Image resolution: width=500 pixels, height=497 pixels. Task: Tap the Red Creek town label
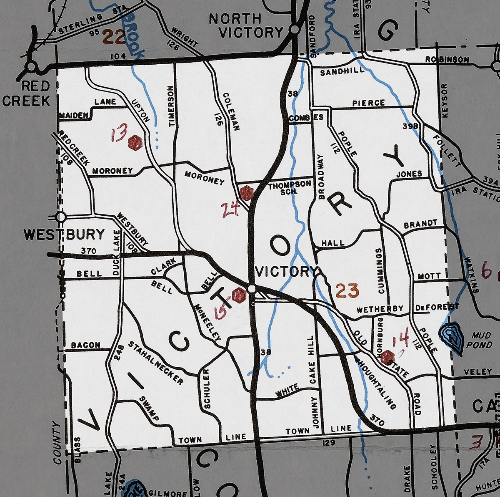tap(27, 94)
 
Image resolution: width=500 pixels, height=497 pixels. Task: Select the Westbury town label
tap(64, 235)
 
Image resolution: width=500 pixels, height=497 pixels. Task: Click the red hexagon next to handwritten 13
tap(135, 143)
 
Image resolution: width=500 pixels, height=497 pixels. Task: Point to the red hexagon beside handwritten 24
tap(247, 193)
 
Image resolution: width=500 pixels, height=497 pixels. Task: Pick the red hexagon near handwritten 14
tap(388, 357)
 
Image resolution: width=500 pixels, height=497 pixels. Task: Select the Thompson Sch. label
tap(289, 187)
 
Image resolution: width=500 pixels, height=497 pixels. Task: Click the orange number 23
tap(347, 290)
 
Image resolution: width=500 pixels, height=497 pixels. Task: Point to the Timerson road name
tap(170, 106)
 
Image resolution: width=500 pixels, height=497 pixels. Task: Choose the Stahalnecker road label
tap(155, 363)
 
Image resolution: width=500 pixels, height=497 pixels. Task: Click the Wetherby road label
tap(380, 309)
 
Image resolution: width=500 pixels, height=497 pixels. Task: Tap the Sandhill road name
tap(342, 72)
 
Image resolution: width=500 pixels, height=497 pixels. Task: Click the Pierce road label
tap(368, 103)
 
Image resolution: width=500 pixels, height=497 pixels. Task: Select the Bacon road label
tap(85, 345)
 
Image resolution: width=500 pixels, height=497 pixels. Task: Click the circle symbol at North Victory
tap(294, 29)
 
